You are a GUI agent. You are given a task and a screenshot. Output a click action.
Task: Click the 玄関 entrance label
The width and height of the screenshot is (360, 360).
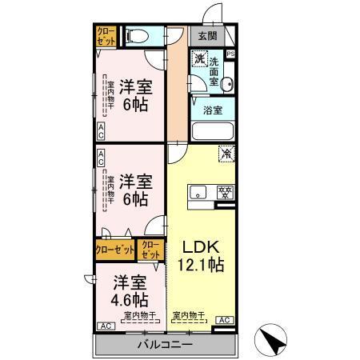(x=207, y=36)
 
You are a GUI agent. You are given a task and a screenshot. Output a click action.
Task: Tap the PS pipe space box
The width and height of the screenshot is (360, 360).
(x=231, y=54)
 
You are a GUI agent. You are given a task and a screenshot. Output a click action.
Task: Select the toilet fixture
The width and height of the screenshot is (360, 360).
(x=138, y=36)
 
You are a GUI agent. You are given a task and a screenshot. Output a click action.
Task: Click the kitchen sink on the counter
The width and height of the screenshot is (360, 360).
(x=198, y=191)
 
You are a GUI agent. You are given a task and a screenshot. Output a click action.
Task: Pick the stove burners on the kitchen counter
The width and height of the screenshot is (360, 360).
(x=226, y=191)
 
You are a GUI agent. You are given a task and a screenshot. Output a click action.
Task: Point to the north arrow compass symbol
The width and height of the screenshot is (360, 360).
(x=274, y=341)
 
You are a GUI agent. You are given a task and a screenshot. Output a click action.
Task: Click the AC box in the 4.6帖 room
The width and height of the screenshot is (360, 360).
(x=104, y=326)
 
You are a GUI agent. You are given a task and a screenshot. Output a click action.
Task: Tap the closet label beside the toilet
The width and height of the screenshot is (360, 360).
(x=106, y=36)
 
